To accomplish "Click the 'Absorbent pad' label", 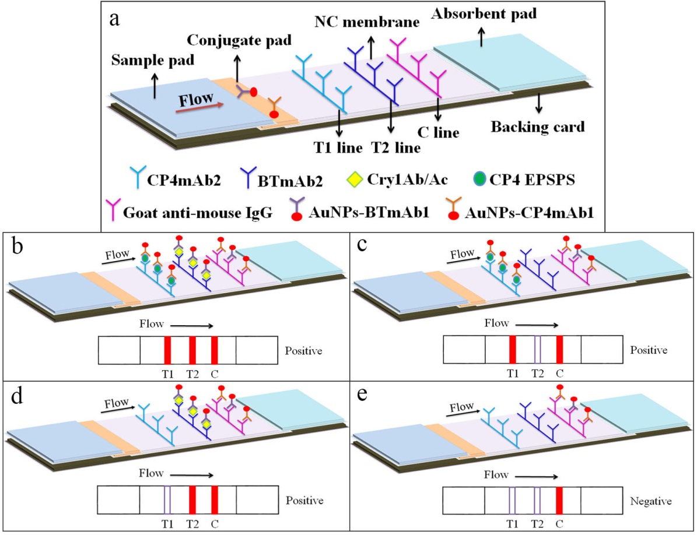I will click(x=479, y=12).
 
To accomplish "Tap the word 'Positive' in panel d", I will click(x=304, y=500).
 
